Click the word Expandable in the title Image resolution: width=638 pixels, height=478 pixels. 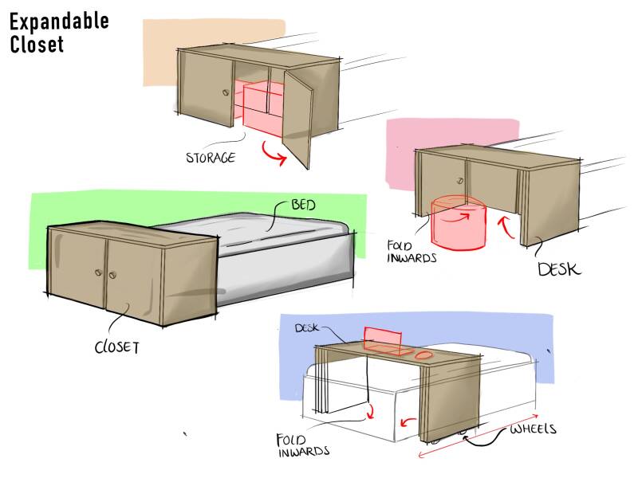(59, 22)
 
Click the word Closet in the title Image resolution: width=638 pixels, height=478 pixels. (37, 45)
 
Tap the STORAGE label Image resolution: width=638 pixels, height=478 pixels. (211, 158)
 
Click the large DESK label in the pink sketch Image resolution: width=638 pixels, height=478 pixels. (557, 269)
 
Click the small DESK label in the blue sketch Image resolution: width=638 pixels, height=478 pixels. (307, 328)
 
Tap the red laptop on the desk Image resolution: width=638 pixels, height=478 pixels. (382, 341)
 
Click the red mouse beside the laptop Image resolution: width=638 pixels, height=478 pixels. (424, 355)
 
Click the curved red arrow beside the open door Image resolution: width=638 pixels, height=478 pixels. (274, 153)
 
